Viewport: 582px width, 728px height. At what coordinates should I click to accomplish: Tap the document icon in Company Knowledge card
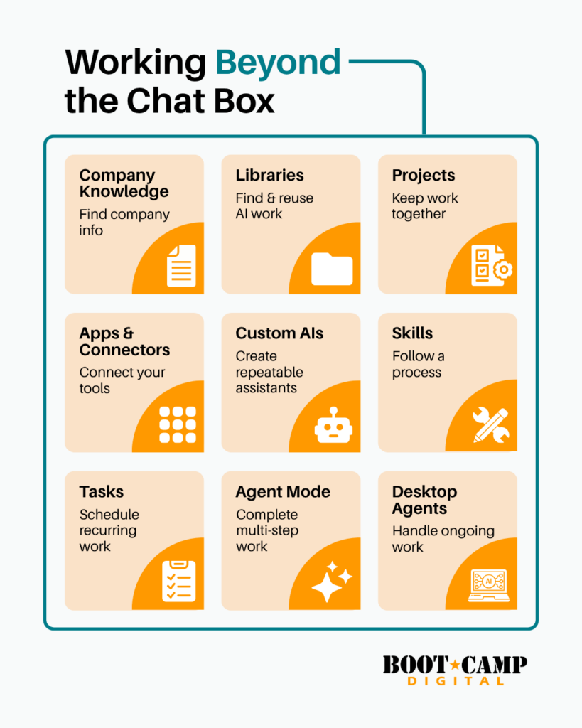(181, 266)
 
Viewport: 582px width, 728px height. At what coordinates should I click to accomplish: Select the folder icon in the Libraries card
(332, 269)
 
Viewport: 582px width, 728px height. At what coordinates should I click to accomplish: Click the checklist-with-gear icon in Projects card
(492, 265)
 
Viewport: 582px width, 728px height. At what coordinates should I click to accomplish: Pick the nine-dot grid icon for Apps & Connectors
(178, 424)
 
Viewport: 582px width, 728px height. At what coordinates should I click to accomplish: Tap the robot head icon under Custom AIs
(333, 425)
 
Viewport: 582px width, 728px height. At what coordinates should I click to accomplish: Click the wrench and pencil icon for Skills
(491, 425)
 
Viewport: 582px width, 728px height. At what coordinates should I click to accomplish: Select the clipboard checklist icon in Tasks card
(178, 582)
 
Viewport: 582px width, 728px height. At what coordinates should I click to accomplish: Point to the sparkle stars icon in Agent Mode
(332, 582)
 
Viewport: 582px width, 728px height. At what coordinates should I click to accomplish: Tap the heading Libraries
(269, 175)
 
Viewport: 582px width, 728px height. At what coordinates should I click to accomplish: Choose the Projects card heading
(424, 175)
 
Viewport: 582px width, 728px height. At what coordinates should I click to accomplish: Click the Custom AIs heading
(279, 333)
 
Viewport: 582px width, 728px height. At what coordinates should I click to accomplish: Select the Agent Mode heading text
(283, 492)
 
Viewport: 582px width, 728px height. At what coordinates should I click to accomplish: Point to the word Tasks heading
(101, 492)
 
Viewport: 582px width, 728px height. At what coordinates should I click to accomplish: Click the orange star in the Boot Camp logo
(455, 665)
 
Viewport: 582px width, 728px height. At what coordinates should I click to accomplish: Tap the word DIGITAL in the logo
(456, 681)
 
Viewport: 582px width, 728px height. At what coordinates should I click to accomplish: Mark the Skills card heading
(412, 333)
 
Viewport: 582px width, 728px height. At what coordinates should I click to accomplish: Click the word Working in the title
(136, 63)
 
